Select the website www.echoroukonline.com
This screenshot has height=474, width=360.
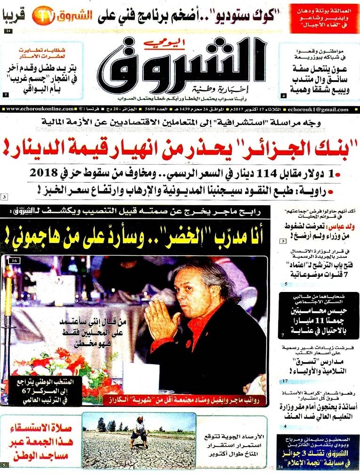[41, 109]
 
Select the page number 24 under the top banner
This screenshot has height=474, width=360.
[9, 31]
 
